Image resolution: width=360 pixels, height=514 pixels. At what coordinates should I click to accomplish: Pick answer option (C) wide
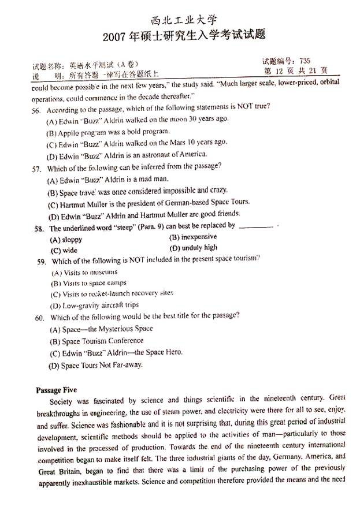tap(64, 250)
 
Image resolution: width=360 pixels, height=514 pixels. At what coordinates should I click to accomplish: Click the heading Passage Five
tap(56, 390)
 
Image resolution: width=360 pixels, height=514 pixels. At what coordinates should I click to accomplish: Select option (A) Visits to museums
tap(84, 272)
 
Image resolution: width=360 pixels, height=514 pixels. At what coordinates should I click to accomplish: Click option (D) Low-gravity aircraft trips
tap(95, 306)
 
